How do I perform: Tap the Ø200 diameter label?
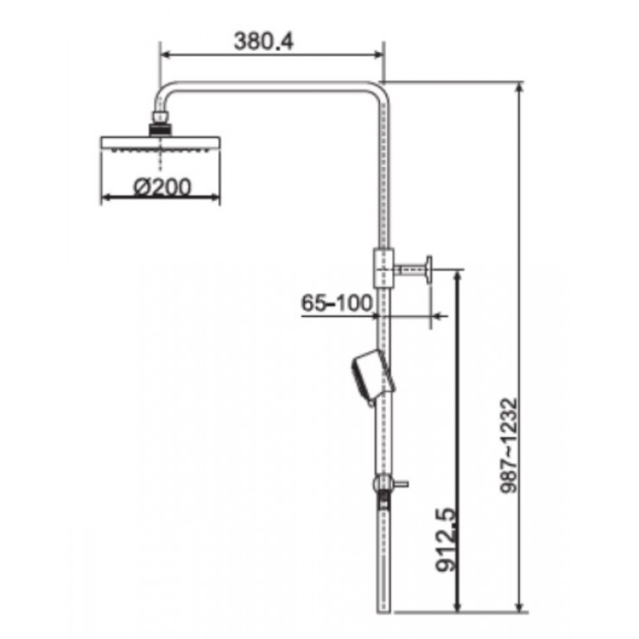[162, 185]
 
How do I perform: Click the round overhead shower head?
[161, 144]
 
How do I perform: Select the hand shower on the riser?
[369, 376]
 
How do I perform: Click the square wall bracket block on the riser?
[383, 269]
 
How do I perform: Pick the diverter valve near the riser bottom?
[383, 488]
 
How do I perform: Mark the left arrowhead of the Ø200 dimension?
[106, 198]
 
